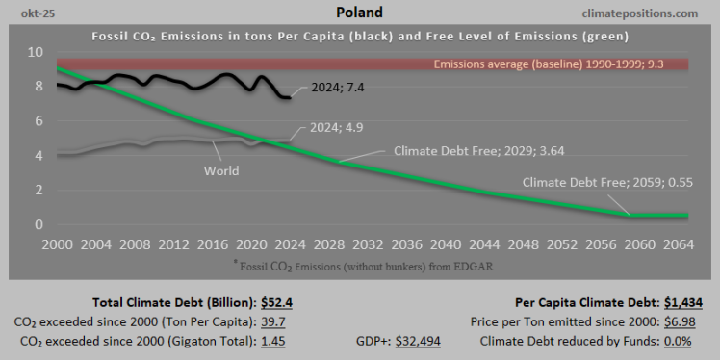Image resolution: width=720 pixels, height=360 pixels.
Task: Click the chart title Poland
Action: click(359, 13)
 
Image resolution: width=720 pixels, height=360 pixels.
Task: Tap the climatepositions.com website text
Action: click(641, 13)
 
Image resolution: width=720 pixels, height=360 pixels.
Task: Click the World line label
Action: click(220, 171)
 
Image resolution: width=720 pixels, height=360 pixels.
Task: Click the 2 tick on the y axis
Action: click(39, 191)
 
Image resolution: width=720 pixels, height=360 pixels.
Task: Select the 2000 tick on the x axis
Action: click(58, 244)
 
